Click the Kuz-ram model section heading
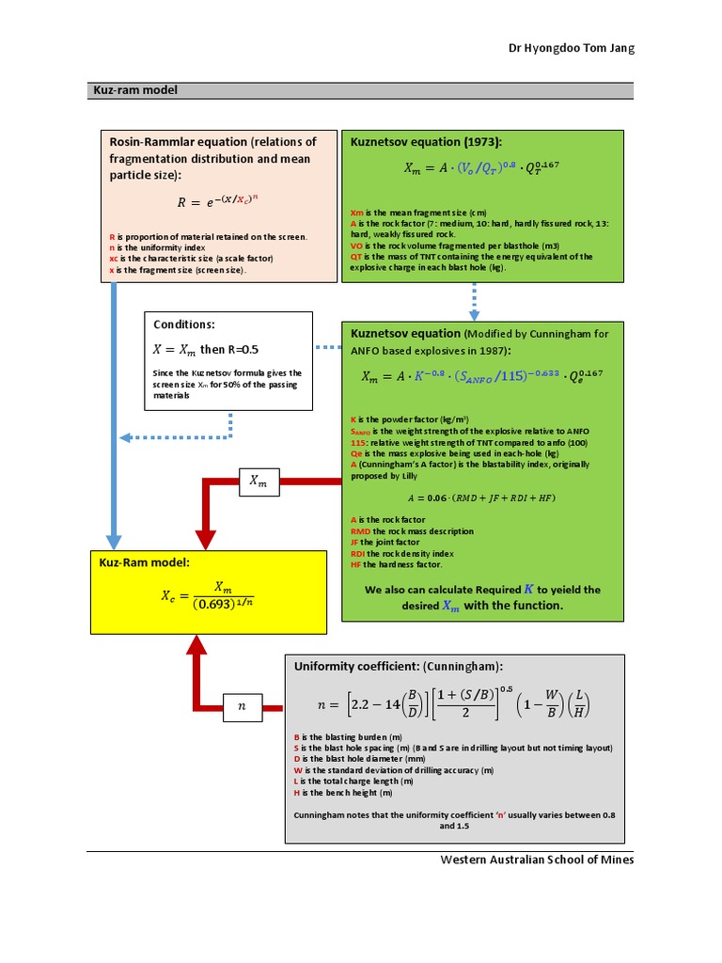click(x=134, y=91)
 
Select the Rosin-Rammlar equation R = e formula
click(x=216, y=201)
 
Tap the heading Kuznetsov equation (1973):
click(x=426, y=141)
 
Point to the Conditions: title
click(x=184, y=324)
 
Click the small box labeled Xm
click(x=258, y=481)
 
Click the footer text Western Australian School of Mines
click(x=537, y=860)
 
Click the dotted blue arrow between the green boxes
click(x=474, y=300)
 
